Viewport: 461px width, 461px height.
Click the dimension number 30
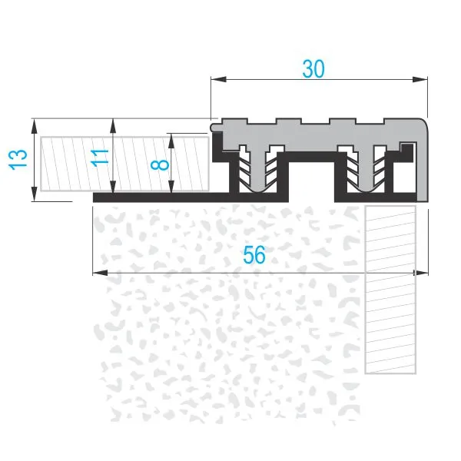coord(313,69)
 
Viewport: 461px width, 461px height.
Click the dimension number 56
coord(254,255)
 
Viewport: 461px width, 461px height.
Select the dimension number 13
coord(18,160)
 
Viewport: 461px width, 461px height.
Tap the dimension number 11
coord(100,158)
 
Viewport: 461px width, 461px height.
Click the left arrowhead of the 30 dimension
coord(218,79)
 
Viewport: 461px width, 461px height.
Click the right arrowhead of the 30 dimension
coord(420,79)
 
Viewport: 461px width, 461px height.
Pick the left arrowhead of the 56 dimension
coord(100,273)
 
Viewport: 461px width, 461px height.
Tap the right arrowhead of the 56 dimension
coord(421,273)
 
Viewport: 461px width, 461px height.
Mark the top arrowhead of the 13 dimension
coord(35,126)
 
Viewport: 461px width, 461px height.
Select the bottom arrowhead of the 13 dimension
coord(35,194)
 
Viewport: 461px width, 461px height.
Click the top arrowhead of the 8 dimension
coord(172,141)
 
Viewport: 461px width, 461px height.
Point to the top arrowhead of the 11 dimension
coord(113,126)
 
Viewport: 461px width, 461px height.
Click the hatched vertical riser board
coord(390,290)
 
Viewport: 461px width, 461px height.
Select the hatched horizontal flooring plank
coord(124,164)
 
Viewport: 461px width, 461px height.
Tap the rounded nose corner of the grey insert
coord(421,125)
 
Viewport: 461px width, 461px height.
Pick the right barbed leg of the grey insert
coord(366,171)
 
